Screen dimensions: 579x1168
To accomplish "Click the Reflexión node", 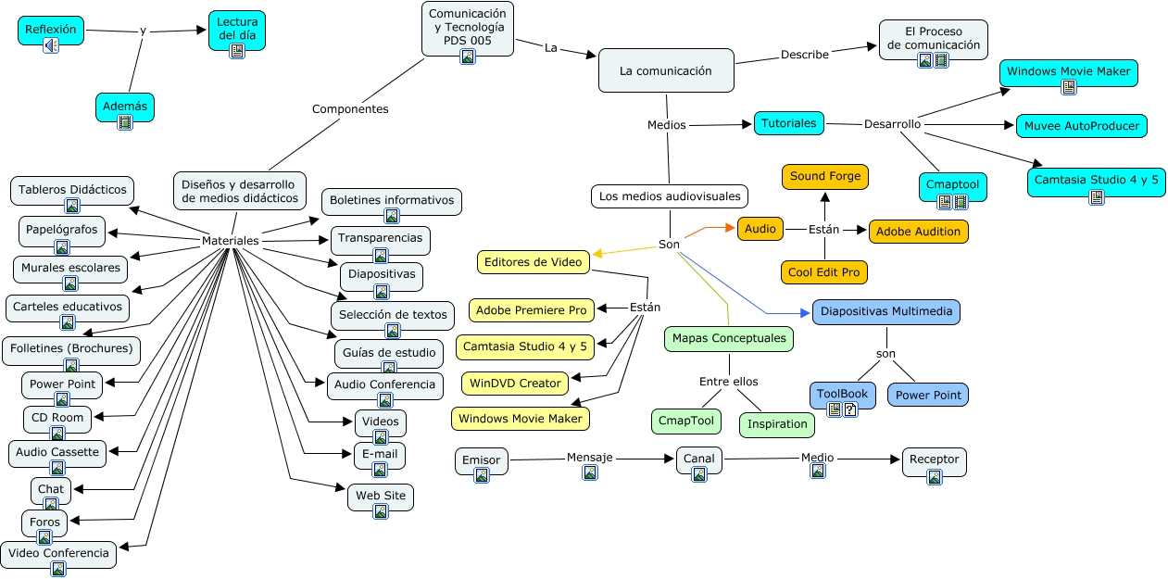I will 51,30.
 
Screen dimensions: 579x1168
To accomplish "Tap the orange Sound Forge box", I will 825,176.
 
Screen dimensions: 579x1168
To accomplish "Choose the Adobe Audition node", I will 918,232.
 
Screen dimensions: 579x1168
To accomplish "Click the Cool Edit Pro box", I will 824,272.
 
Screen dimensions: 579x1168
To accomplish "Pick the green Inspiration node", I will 777,424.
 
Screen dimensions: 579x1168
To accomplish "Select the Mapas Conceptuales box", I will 729,339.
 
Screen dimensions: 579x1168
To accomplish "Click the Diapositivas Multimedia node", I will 885,312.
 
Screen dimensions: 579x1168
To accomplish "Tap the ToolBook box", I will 842,395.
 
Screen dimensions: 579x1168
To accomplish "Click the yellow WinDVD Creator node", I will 515,384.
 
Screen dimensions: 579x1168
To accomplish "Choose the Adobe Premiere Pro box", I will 532,309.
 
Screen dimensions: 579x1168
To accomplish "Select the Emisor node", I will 482,460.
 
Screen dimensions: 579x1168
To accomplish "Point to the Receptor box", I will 934,460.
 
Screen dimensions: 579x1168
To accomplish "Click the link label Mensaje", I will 589,458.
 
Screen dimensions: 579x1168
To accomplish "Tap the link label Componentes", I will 350,109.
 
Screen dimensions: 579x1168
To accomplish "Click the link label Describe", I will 804,55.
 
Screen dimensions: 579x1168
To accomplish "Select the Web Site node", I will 381,497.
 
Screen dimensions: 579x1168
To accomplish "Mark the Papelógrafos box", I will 62,231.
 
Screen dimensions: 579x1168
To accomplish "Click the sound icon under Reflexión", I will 51,45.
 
